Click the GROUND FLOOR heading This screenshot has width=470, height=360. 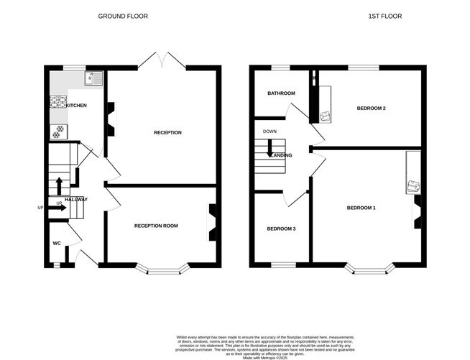click(x=123, y=15)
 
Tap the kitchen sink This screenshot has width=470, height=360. click(x=93, y=78)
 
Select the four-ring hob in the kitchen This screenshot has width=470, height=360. click(x=57, y=101)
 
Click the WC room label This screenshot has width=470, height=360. click(x=56, y=243)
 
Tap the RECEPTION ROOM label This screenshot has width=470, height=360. click(x=156, y=226)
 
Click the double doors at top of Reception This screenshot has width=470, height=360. click(x=162, y=60)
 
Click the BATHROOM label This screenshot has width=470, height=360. click(x=281, y=93)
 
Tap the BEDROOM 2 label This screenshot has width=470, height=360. click(x=372, y=109)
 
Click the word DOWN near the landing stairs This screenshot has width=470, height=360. click(x=269, y=131)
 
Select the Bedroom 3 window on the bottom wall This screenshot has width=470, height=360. click(x=282, y=264)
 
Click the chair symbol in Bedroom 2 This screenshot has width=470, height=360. click(x=326, y=115)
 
